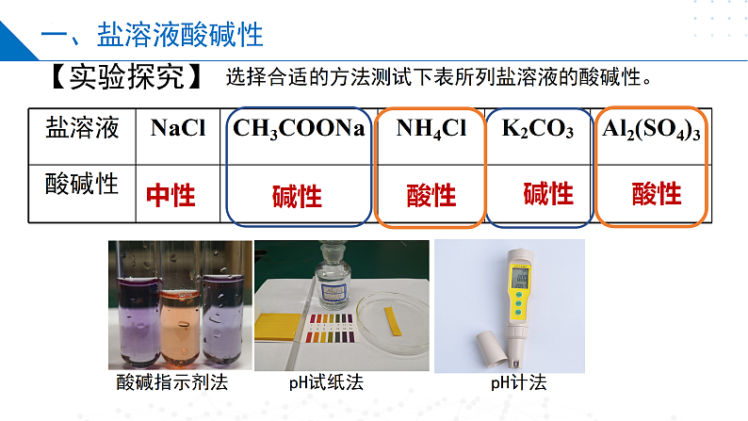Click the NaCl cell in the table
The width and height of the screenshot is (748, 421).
coord(177,130)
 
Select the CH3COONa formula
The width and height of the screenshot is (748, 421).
coord(299,130)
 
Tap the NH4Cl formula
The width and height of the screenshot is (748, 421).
coord(431,130)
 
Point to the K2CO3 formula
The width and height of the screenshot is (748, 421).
coord(537,130)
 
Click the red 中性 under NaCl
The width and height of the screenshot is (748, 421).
coord(171,195)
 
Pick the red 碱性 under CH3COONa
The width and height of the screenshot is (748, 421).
coord(297,196)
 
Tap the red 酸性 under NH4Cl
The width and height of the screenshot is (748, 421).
coord(431,195)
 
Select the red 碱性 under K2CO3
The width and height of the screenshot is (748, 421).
coord(548,193)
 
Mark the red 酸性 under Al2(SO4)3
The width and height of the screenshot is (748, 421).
coord(657,193)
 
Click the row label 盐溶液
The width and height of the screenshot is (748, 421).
coord(83,129)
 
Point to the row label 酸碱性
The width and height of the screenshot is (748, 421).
coord(83,183)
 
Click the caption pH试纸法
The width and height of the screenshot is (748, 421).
coord(326,383)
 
